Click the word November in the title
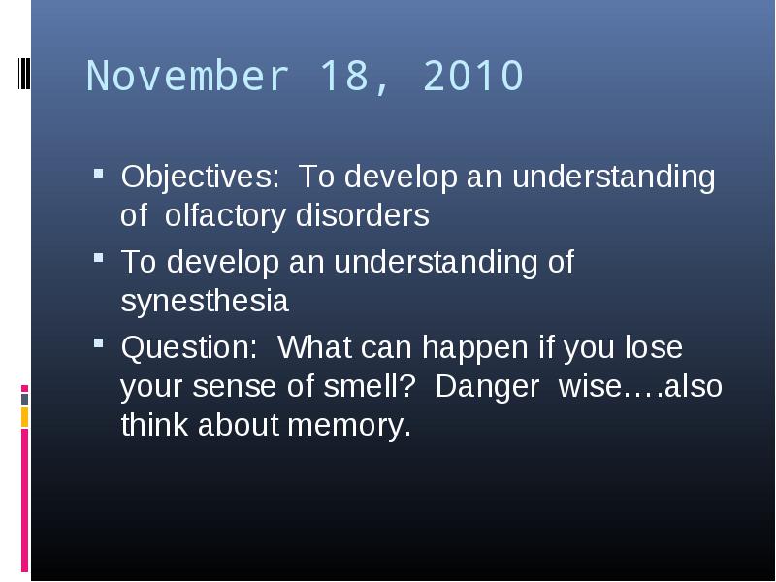pos(187,76)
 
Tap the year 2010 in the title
pos(473,76)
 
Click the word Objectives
pos(200,177)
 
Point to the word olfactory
pos(225,215)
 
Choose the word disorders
pos(362,215)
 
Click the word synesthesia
pos(205,302)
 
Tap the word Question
pos(189,347)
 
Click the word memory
pos(349,426)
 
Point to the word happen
pos(475,348)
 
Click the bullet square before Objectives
pos(99,174)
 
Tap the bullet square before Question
pos(99,343)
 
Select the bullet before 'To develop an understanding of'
pos(99,258)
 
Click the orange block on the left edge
pos(25,417)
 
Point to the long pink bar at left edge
pos(25,501)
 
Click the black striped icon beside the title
pos(24,74)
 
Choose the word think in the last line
pos(154,425)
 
